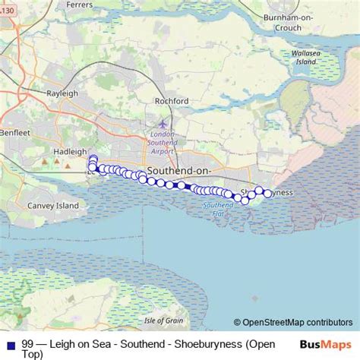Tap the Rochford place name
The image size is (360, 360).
pyautogui.click(x=171, y=100)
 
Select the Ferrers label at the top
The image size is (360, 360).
pyautogui.click(x=79, y=4)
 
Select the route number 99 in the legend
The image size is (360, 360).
pyautogui.click(x=27, y=344)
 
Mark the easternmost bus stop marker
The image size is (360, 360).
pyautogui.click(x=267, y=194)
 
